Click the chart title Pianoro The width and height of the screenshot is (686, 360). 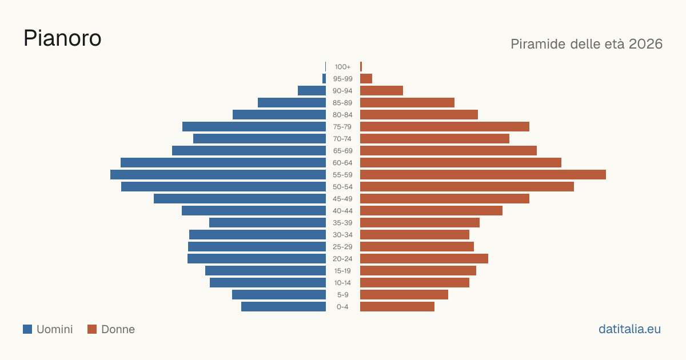[62, 38]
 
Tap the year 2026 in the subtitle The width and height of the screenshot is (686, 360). [645, 44]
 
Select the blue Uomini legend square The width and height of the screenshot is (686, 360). [27, 329]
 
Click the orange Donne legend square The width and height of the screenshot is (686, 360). [92, 329]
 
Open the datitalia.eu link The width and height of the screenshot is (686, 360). [629, 329]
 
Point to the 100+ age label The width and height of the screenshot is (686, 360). [342, 67]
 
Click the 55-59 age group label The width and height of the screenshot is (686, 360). [342, 175]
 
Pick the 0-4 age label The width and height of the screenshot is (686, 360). [342, 307]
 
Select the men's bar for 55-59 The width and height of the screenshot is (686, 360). [218, 175]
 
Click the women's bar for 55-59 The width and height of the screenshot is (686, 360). [483, 175]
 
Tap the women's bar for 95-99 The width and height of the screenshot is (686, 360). [366, 79]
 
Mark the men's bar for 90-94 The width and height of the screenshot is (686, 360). [312, 91]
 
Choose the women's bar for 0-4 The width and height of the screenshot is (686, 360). [397, 307]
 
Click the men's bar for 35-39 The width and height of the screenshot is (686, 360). [268, 222]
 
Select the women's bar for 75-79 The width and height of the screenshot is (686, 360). [445, 127]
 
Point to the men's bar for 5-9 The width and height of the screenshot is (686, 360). [279, 295]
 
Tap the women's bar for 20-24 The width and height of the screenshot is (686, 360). [424, 259]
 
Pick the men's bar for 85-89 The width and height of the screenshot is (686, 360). [292, 102]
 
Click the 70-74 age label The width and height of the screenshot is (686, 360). [342, 139]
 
